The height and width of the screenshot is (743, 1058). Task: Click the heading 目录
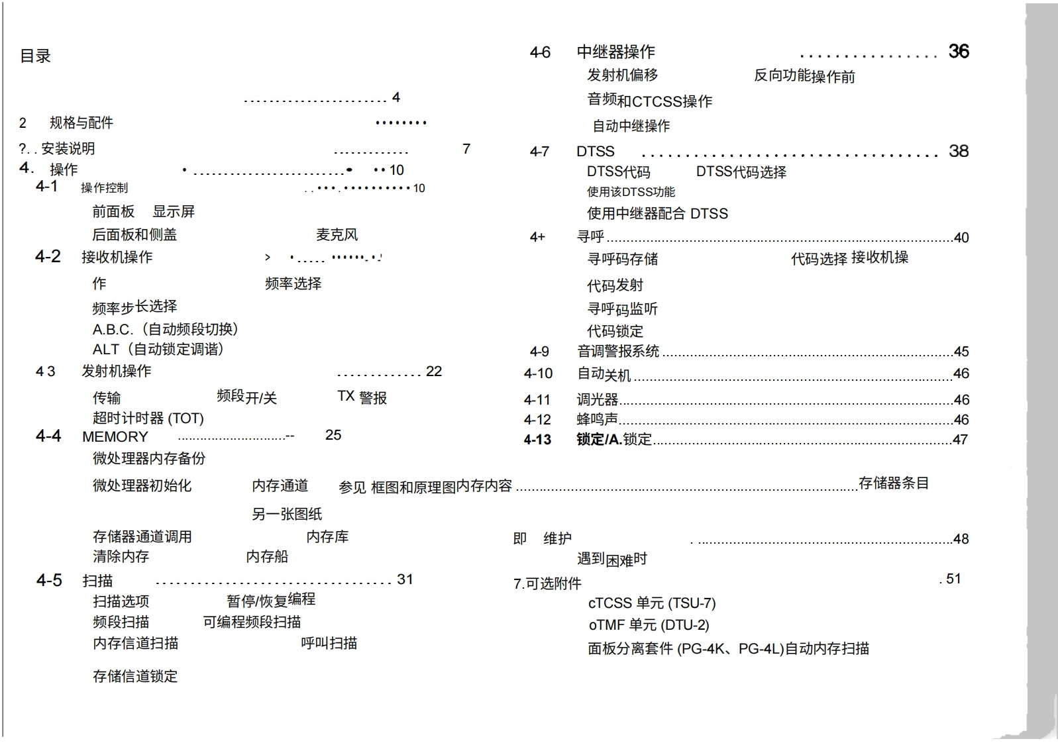[35, 56]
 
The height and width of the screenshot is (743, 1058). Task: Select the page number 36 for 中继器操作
[958, 52]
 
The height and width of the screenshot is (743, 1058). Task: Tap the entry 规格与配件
[81, 123]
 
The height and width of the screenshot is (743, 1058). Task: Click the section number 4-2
[48, 256]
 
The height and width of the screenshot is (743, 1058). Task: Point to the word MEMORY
[115, 437]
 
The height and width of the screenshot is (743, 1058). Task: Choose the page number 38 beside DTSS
[958, 151]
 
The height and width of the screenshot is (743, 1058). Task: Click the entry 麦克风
[337, 234]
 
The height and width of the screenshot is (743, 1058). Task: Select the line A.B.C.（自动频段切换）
[165, 329]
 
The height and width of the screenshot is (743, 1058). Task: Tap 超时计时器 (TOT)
[148, 419]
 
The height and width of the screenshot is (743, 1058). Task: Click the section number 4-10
[538, 373]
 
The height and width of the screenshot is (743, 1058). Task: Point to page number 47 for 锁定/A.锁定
[960, 440]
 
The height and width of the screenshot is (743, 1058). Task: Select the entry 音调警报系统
[617, 352]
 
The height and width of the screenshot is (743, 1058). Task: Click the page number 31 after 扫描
[405, 579]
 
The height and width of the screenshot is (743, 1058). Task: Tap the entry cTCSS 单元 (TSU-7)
[651, 603]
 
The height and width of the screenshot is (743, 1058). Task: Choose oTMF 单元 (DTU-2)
[648, 625]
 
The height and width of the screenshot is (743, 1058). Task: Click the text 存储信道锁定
[135, 676]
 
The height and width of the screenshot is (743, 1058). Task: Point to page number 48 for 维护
[961, 539]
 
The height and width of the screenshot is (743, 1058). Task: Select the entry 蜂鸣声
[597, 419]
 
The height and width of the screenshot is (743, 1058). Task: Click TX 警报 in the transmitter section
[362, 397]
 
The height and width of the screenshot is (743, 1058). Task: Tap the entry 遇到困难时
[611, 560]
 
